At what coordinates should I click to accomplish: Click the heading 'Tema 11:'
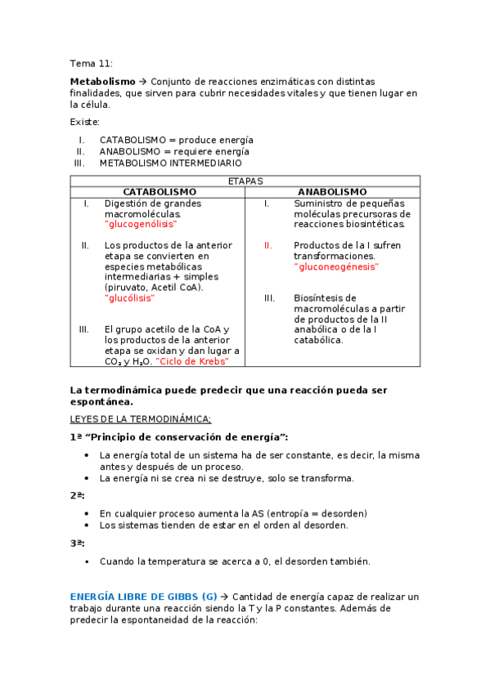[x=91, y=63]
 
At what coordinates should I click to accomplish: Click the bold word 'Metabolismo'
[x=102, y=82]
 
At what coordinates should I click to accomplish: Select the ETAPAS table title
[x=245, y=181]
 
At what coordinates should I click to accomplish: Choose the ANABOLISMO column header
[x=332, y=191]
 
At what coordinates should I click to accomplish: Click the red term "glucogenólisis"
[x=141, y=224]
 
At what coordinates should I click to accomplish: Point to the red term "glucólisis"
[x=129, y=298]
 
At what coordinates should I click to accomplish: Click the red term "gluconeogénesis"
[x=336, y=266]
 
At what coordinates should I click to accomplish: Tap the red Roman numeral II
[x=267, y=245]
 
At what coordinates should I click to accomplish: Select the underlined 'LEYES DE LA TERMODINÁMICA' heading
[x=141, y=418]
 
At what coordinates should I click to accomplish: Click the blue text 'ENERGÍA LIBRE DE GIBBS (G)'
[x=143, y=597]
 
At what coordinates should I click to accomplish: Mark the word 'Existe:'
[x=85, y=122]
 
